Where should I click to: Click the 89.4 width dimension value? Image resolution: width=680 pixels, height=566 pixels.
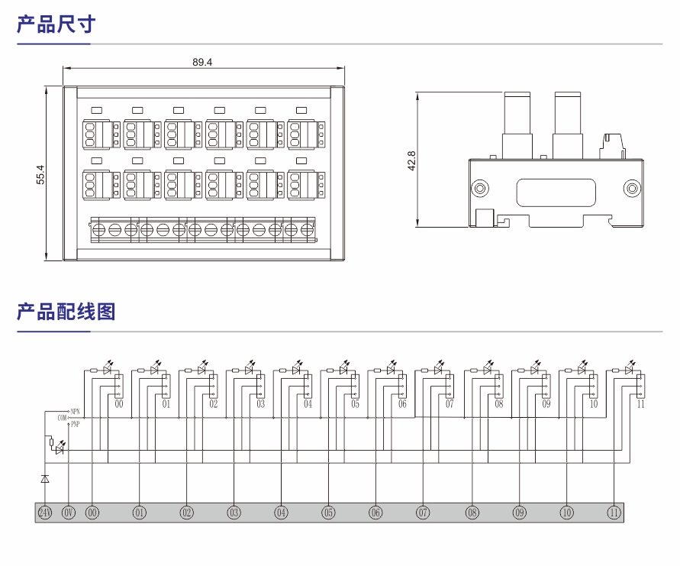tap(202, 62)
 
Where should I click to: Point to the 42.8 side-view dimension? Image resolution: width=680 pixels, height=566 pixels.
tap(412, 161)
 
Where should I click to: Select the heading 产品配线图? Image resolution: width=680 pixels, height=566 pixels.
tap(66, 312)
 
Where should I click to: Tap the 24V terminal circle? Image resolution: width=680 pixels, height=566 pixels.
tap(44, 513)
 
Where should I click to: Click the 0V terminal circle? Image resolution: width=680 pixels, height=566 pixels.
tap(69, 513)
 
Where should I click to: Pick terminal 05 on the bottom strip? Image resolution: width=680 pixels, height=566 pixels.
tap(328, 513)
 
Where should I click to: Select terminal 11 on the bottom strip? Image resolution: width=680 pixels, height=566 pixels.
tap(614, 513)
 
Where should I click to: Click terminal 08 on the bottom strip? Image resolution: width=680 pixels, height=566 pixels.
tap(472, 513)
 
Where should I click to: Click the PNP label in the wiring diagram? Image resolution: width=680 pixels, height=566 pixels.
tap(75, 424)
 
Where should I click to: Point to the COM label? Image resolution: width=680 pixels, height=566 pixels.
tap(62, 417)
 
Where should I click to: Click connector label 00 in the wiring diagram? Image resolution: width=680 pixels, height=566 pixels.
tap(119, 404)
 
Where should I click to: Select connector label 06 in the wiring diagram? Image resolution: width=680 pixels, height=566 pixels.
tap(402, 404)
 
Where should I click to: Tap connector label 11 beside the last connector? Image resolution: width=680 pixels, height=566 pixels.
tap(640, 404)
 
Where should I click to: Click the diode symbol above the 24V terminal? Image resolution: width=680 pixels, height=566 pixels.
tap(44, 478)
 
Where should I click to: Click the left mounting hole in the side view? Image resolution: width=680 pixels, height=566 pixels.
tap(480, 188)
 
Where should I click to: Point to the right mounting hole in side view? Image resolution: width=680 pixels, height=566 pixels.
tap(630, 188)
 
